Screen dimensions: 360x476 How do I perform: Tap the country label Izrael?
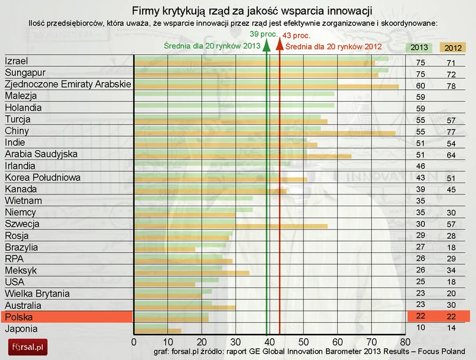click(x=17, y=61)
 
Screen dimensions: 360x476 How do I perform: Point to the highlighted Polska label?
click(x=18, y=317)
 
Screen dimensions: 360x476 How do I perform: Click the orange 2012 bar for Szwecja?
click(x=231, y=226)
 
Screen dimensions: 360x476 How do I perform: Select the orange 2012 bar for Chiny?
click(x=265, y=134)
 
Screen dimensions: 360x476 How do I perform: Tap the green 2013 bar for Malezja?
click(x=234, y=93)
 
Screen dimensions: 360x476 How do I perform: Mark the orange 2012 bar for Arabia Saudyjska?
click(x=242, y=157)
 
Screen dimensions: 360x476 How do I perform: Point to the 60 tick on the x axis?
click(x=337, y=342)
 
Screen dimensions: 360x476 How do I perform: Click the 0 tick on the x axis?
click(x=134, y=342)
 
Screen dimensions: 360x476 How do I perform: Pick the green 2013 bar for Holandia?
click(x=234, y=105)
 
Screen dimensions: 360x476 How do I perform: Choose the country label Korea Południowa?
click(x=37, y=177)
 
